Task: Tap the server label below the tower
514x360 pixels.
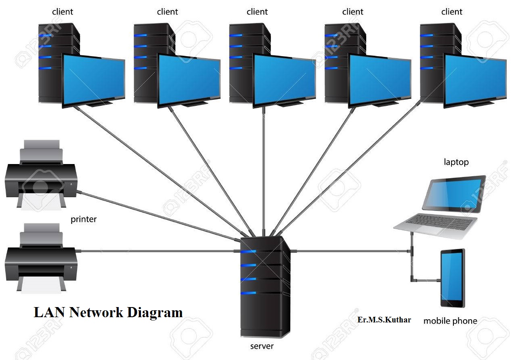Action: coord(262,346)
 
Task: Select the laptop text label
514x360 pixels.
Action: coord(456,162)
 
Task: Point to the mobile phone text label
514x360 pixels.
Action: coord(450,321)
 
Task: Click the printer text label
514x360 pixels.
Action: coord(84,219)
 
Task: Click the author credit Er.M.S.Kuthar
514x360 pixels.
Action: coord(384,320)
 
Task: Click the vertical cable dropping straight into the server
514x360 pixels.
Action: coord(264,170)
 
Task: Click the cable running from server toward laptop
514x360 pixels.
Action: coord(351,251)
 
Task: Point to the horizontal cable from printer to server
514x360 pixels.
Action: coord(157,251)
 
